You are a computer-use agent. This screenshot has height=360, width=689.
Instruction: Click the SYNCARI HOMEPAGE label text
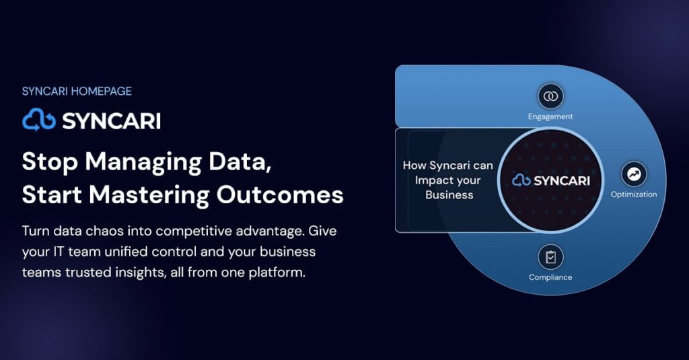coord(77,92)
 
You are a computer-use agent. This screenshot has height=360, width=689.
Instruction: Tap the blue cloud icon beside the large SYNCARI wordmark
coord(39,120)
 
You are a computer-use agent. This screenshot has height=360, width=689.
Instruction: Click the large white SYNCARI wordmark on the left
coord(112,121)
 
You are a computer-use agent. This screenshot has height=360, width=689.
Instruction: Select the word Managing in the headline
coord(143,163)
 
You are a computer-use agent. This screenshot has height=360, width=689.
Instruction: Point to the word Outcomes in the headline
coord(280,194)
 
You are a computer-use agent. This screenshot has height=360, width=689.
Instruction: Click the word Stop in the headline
coord(50,161)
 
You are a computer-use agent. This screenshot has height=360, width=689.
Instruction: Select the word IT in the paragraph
coord(59,252)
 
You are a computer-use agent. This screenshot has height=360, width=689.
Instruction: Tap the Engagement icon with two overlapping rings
coord(550,96)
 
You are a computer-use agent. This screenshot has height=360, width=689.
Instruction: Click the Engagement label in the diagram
coord(550,117)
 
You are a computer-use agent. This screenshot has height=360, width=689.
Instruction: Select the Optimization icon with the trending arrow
coord(634,174)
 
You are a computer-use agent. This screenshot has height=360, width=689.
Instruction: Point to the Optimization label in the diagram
coord(634,194)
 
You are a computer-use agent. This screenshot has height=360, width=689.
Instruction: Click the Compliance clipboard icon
coord(550,257)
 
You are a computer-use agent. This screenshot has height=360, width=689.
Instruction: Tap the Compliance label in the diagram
coord(550,277)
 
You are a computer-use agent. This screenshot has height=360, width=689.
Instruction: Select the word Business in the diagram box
coord(449,195)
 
